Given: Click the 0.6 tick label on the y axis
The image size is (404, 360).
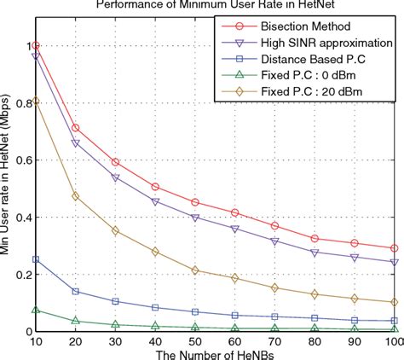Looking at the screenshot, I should click(x=22, y=160).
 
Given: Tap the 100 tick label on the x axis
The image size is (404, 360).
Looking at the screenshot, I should click(x=393, y=340).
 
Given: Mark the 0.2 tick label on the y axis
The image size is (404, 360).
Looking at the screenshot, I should click(x=22, y=275).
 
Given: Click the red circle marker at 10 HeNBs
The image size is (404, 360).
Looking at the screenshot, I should click(x=36, y=46).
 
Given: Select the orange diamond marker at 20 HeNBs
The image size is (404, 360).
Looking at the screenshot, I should click(x=76, y=196).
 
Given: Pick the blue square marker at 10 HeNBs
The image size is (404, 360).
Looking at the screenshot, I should click(x=36, y=259).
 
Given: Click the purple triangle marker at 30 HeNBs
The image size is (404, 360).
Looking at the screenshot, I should click(x=115, y=177).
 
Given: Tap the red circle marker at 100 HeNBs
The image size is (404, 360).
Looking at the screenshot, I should click(x=393, y=248).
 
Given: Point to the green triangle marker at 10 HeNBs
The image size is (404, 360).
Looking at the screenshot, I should click(x=36, y=311).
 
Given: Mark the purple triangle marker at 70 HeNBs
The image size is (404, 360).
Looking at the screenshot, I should click(x=274, y=241).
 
